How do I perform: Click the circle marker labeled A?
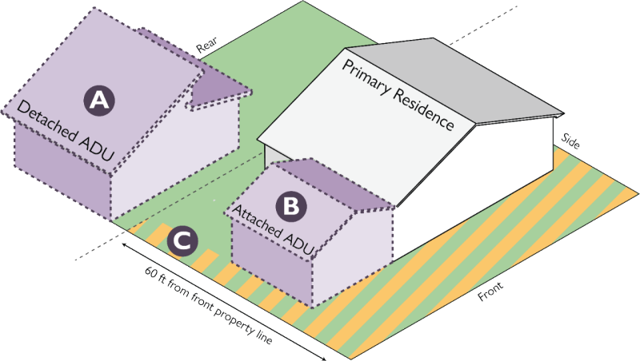click(98, 100)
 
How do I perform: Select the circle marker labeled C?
click(182, 240)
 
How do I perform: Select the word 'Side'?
click(570, 141)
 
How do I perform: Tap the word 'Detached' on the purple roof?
click(44, 121)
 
